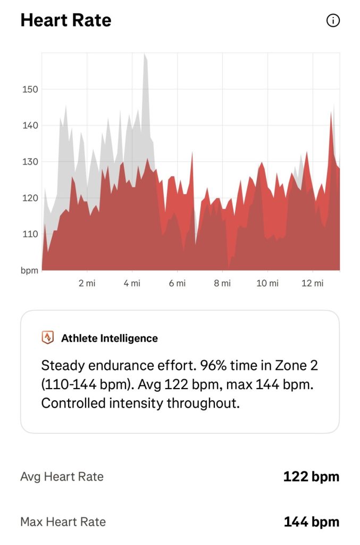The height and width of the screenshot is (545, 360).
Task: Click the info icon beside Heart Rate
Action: point(333,21)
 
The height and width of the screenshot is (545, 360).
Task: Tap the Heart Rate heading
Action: point(66,20)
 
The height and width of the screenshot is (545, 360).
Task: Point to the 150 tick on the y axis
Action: point(30,89)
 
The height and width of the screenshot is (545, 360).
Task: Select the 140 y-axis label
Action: point(30,126)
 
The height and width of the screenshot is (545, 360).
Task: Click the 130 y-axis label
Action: point(30,162)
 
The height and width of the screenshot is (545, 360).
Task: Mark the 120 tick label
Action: point(30,198)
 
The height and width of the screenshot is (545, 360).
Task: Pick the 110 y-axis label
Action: point(30,234)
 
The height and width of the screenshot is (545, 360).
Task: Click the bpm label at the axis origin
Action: point(29,270)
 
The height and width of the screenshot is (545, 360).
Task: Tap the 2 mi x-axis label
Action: point(87,283)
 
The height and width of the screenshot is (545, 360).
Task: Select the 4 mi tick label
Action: point(132,283)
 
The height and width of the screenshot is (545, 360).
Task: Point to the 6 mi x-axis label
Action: point(177,283)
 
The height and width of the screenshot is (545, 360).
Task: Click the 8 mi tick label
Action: point(222,283)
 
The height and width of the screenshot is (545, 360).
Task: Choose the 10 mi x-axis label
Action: point(267,283)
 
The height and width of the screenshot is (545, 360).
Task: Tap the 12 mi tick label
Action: point(313,283)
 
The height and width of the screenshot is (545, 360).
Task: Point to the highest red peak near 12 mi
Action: point(331,113)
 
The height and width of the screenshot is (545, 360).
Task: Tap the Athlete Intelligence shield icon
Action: point(47,337)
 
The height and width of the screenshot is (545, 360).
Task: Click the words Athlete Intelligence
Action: point(110,338)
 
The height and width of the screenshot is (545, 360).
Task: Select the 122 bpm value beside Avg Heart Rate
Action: point(311,476)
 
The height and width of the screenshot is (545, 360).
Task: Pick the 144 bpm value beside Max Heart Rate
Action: point(312,522)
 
